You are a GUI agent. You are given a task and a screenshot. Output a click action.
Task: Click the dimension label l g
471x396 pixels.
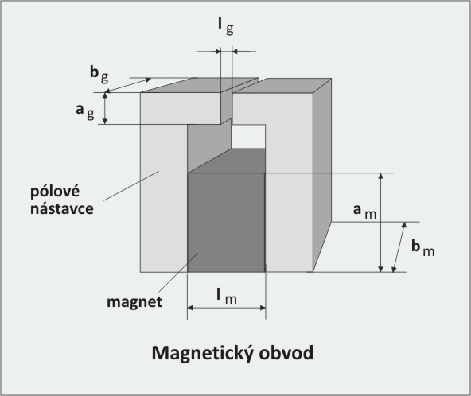point(226,26)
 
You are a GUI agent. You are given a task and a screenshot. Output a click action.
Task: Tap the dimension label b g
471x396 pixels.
point(99,75)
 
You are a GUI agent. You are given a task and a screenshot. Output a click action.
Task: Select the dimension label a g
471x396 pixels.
point(85,111)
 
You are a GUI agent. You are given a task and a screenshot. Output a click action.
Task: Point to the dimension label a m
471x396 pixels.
point(364,211)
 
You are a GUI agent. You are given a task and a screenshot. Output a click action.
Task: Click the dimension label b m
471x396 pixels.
point(423,249)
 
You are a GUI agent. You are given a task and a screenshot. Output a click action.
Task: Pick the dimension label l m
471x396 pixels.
point(227,297)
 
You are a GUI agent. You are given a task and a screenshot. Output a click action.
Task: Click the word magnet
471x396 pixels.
point(134,302)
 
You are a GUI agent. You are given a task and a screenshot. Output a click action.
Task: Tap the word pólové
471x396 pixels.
point(55,192)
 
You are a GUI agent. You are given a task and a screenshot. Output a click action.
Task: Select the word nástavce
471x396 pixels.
point(62,209)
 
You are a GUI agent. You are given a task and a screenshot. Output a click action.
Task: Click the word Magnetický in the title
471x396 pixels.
point(203,353)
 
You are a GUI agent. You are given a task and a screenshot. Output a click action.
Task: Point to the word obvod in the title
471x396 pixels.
point(286,353)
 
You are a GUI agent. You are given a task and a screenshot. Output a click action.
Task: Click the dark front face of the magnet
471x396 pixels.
point(226,223)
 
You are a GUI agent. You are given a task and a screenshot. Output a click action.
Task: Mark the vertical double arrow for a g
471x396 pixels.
point(105,108)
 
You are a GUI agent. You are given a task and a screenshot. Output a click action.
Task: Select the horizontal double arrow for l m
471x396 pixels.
point(227,308)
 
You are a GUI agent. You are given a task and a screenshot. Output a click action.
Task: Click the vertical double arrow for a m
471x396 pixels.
point(380,223)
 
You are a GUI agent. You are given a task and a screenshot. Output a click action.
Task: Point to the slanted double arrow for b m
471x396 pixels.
point(399,247)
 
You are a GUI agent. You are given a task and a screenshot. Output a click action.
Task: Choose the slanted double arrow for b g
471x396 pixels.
point(128,85)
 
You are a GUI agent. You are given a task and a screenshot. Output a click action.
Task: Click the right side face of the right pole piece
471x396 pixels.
point(322,175)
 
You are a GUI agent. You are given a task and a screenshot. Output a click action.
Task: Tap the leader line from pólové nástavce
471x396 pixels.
point(131,185)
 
